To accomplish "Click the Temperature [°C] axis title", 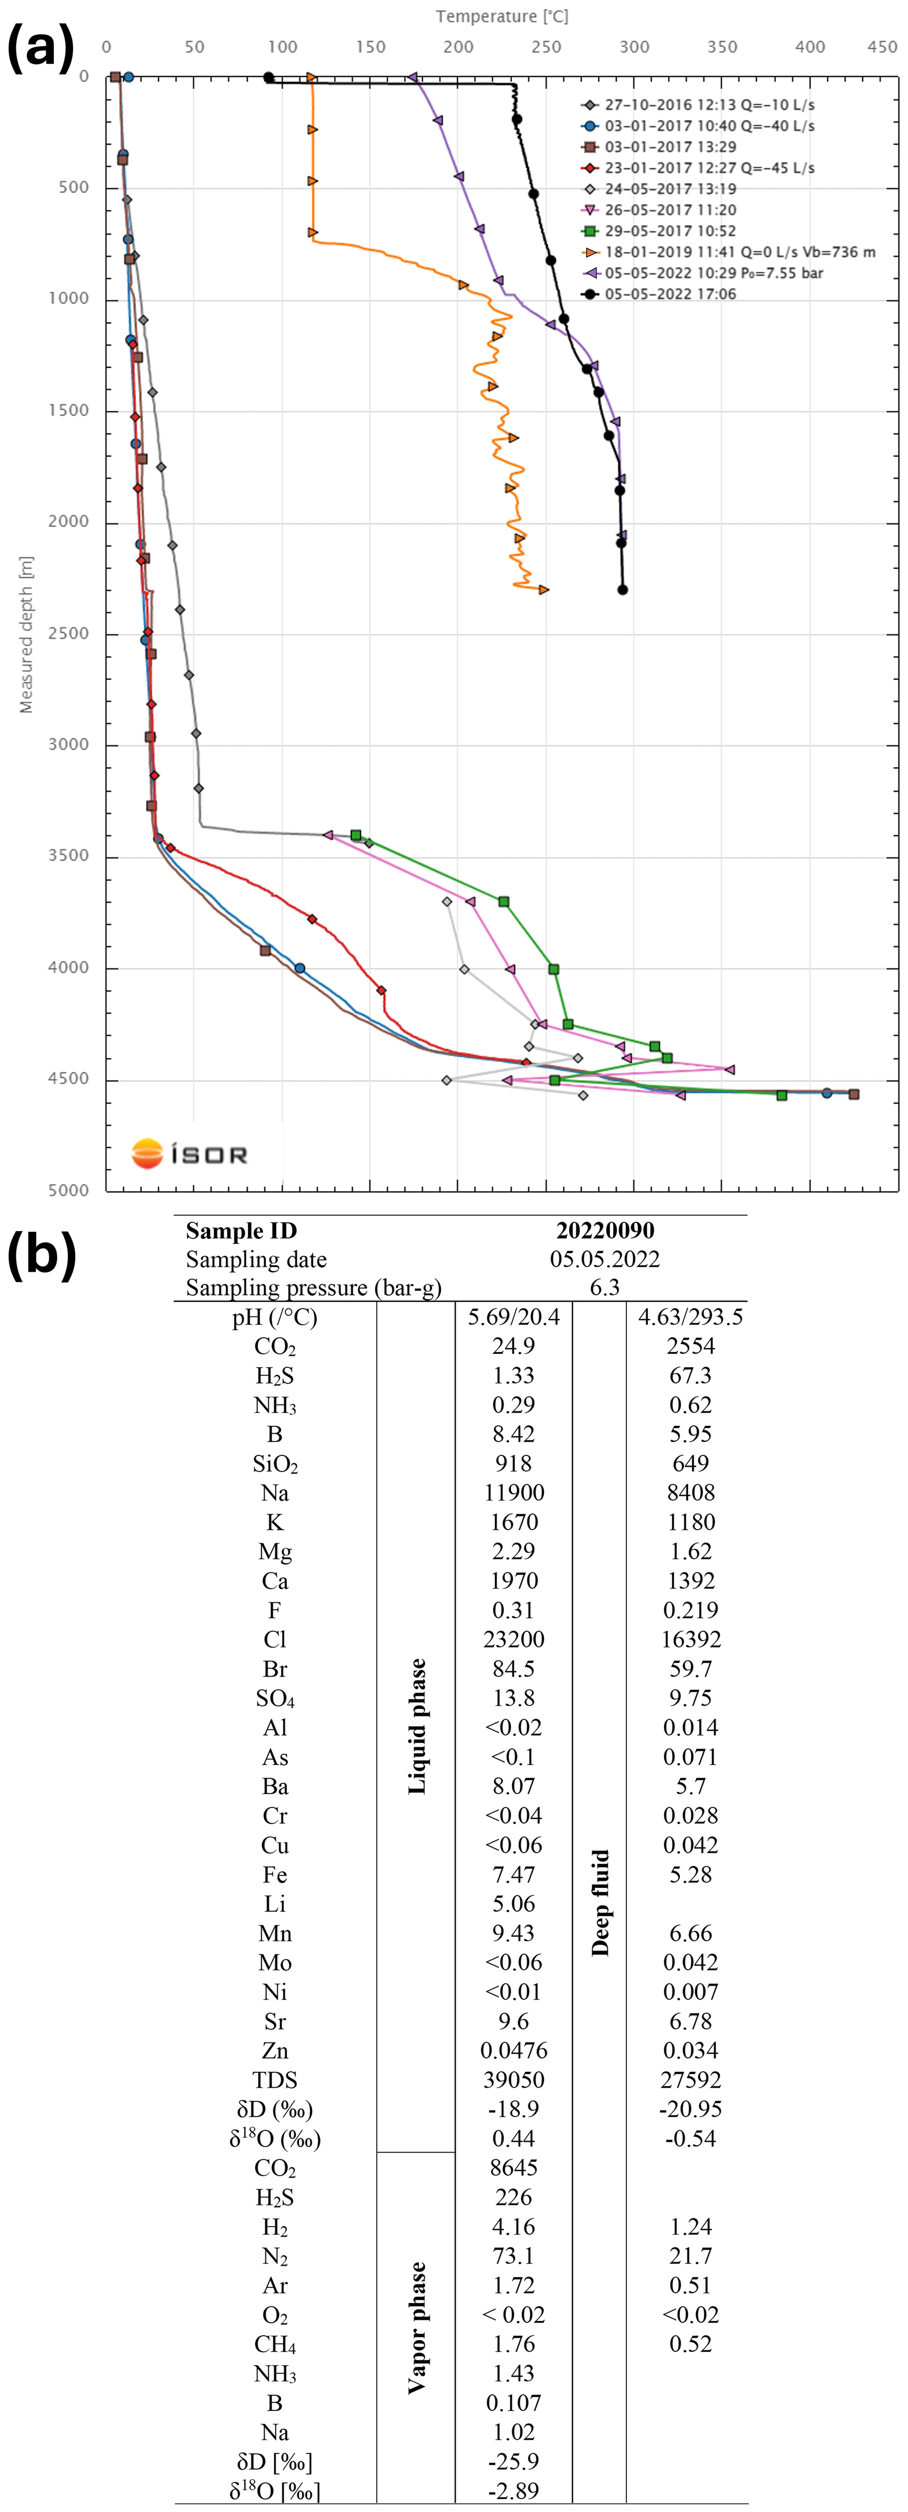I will click(x=501, y=17).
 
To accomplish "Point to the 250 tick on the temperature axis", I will click(x=546, y=47).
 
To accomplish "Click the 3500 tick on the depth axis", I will click(x=68, y=856).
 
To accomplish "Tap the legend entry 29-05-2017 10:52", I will click(x=670, y=231).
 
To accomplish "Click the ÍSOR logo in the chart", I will click(x=190, y=1155).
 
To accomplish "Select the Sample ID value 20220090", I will click(x=605, y=1231).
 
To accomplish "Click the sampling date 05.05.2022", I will click(x=605, y=1259).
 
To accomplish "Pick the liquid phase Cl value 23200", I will click(x=514, y=1639).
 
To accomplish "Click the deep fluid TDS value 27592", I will click(x=691, y=2080).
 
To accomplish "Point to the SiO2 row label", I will click(x=275, y=1464).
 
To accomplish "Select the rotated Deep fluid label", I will click(x=600, y=1901).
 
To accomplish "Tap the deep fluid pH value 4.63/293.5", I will click(x=691, y=1318).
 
